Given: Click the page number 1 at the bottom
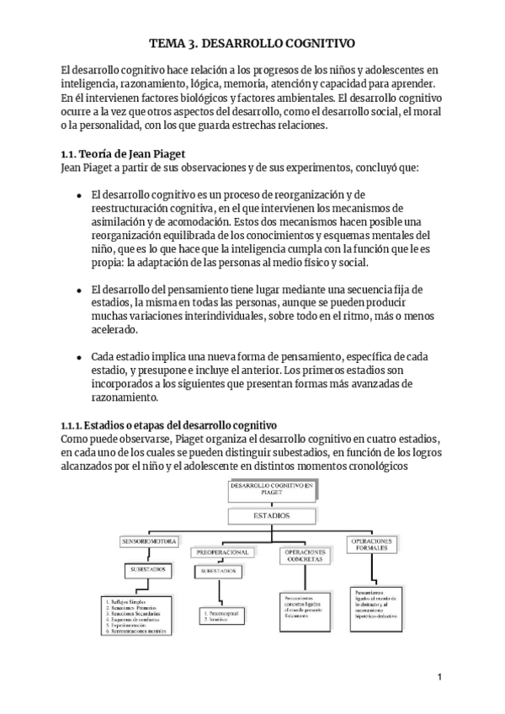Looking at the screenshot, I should coord(439,677).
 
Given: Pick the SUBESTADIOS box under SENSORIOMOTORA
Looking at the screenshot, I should coord(148,570).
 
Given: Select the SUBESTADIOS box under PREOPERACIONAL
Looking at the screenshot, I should coord(220,571).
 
